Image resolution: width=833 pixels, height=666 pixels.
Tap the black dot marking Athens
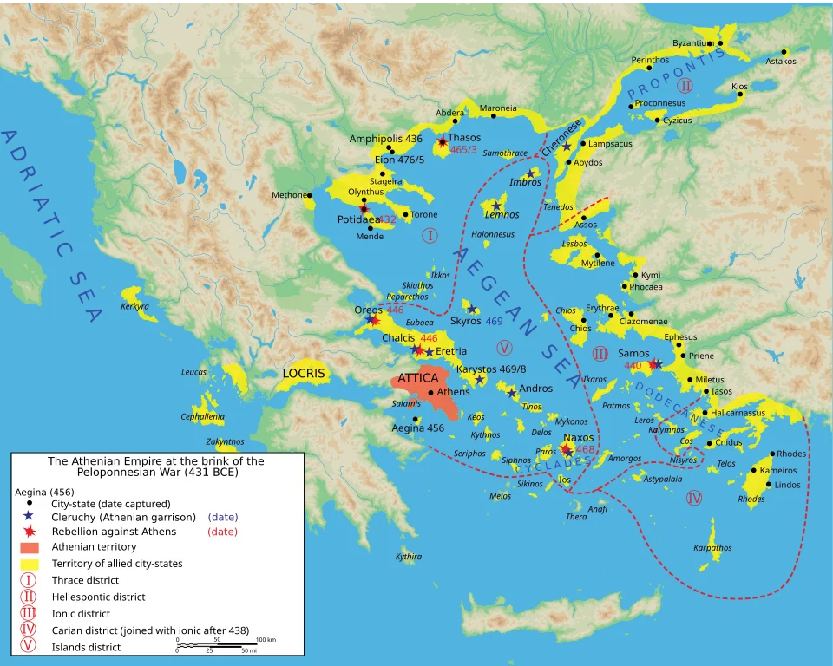coord(431,393)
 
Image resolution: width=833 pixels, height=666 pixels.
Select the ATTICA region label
coord(418,377)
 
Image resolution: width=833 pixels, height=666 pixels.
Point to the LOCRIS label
coord(303,374)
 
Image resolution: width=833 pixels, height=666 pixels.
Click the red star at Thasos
coord(443,141)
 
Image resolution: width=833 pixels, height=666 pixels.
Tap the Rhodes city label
coord(790,454)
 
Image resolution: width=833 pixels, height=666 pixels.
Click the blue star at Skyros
coord(471,310)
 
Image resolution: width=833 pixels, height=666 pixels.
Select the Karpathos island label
coord(712,548)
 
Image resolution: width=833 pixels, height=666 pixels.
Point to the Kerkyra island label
coord(134,306)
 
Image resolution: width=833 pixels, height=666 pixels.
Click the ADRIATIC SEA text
coord(52,225)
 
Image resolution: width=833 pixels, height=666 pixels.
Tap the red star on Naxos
coord(566,450)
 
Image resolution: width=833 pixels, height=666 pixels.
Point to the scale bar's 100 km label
coord(266,639)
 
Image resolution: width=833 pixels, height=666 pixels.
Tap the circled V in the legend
coord(30,646)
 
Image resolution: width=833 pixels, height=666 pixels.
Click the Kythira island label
coord(409,557)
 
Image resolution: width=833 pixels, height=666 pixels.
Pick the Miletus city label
coord(709,380)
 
